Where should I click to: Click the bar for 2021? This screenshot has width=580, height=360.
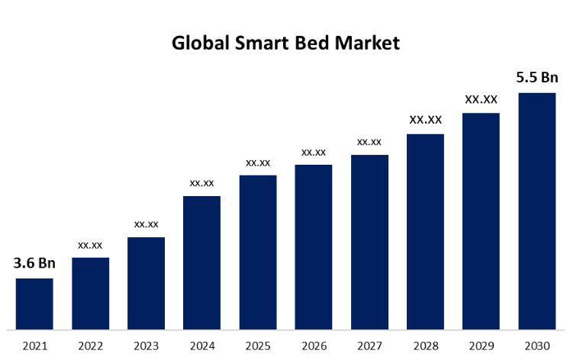34,304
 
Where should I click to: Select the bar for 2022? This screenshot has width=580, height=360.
90,294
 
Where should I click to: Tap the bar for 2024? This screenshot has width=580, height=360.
201,262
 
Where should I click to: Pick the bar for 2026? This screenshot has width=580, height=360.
314,247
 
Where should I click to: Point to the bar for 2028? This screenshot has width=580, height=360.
425,232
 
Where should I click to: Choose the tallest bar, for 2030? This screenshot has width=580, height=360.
536,211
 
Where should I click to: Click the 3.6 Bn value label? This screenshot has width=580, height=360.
34,264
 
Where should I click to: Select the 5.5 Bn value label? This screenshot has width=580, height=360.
537,78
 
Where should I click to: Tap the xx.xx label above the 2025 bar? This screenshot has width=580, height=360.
258,162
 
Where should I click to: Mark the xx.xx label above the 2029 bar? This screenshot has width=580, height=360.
482,99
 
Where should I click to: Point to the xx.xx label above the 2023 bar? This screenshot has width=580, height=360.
146,224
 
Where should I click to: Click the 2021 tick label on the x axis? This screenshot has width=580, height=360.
34,346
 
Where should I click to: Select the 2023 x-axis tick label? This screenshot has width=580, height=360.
146,346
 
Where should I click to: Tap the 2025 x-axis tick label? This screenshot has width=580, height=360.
258,346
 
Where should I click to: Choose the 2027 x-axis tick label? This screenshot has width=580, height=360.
369,346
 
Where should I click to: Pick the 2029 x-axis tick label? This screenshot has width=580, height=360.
481,346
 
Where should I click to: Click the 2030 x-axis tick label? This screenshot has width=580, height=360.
536,346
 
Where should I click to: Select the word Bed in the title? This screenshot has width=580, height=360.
320,43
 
